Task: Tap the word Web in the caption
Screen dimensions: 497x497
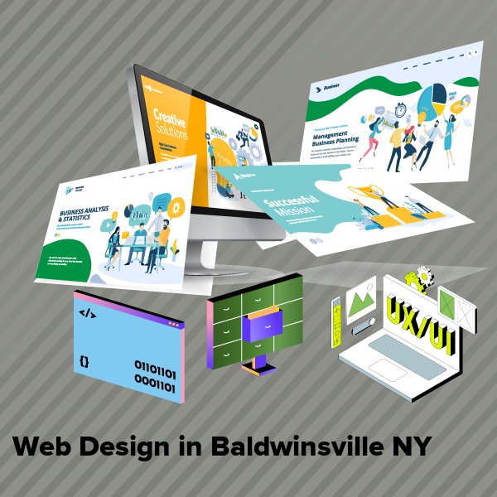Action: point(41,446)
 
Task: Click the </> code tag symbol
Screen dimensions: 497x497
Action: point(85,313)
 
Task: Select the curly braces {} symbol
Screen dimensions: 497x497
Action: point(84,362)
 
